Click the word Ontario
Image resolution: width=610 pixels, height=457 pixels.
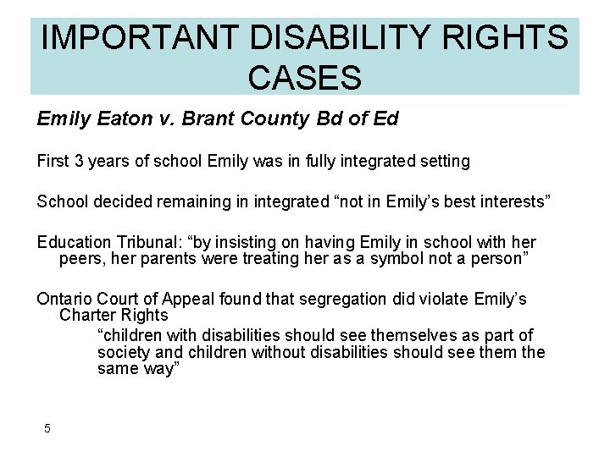64,299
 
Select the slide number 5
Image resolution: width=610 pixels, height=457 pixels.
47,428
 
